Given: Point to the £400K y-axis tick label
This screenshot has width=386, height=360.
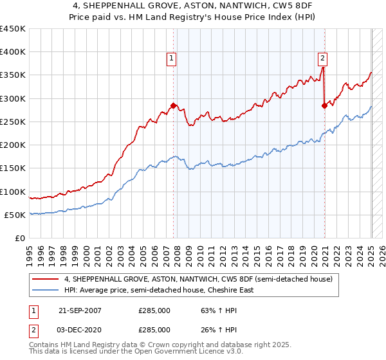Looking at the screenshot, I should point(13,52).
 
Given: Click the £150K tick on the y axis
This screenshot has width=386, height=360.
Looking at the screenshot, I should point(13,168).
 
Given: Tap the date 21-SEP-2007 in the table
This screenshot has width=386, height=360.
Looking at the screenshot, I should point(80,310).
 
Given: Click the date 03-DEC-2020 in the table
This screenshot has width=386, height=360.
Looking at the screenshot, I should point(80,329).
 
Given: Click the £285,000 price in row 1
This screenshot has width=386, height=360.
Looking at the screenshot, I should point(154,310).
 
